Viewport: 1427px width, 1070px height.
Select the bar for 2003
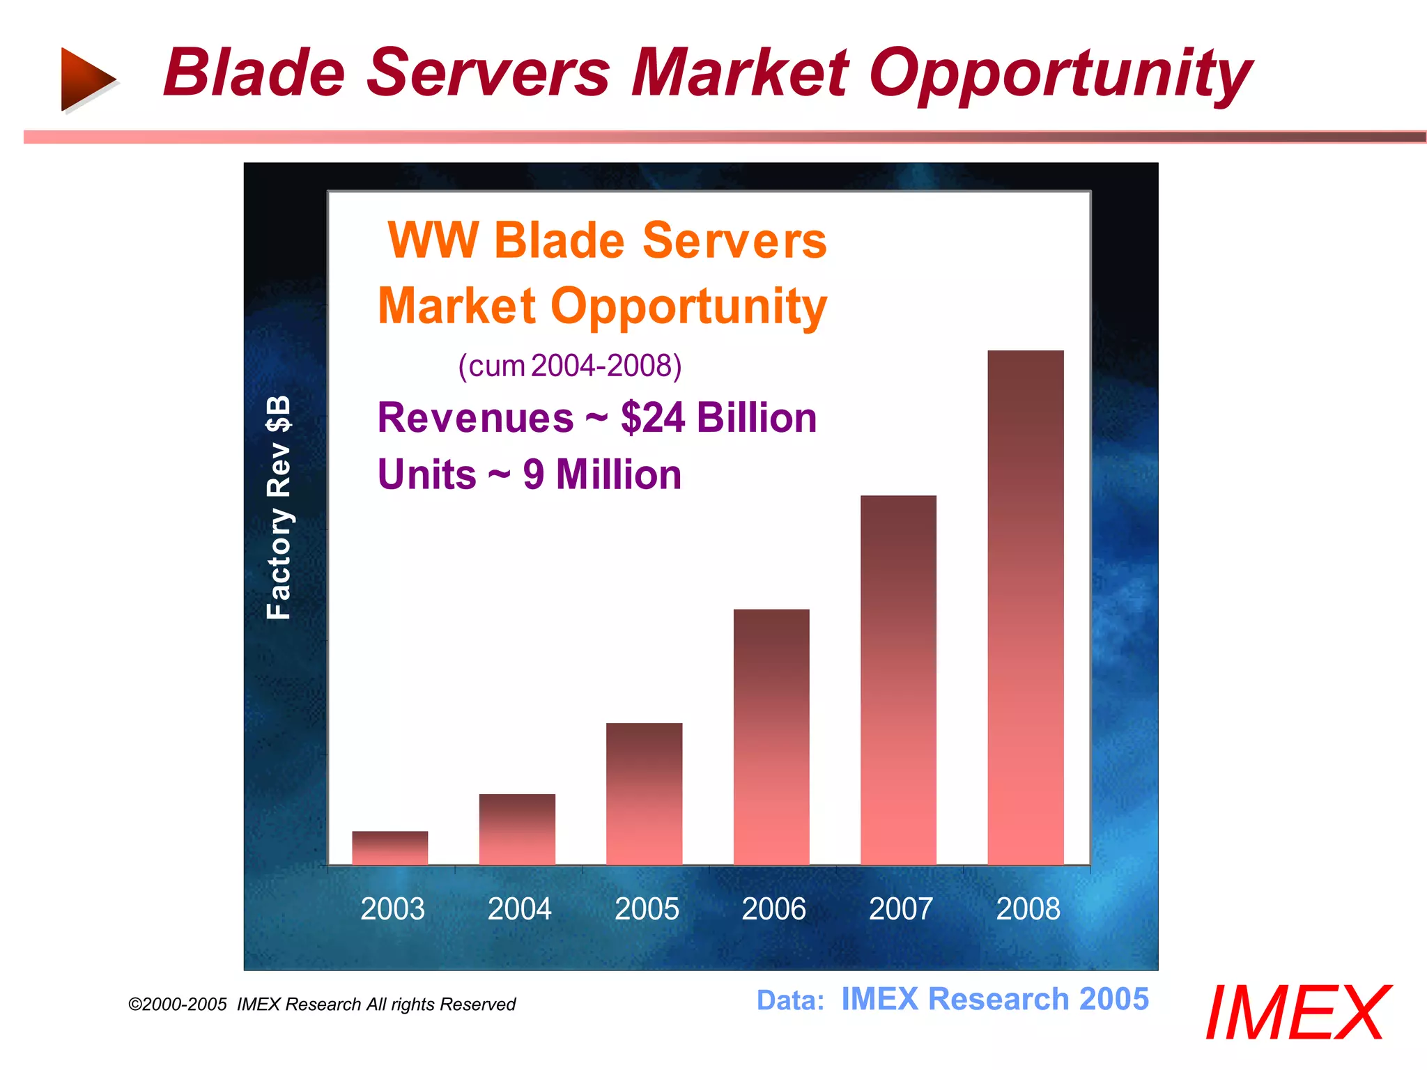click(x=389, y=848)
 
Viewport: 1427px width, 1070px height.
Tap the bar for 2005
click(x=644, y=794)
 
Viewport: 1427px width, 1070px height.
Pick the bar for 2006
click(x=771, y=737)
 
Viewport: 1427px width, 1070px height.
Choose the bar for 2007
click(x=898, y=680)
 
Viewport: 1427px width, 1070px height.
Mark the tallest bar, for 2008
click(x=1026, y=607)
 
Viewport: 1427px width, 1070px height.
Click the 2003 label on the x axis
click(x=392, y=909)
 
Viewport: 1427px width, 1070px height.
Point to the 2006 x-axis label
click(x=773, y=909)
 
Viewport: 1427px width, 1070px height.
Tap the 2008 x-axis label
click(x=1028, y=909)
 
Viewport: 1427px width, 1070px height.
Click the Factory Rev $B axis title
click(x=279, y=507)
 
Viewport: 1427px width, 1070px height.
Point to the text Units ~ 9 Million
click(x=530, y=475)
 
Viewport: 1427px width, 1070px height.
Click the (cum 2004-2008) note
click(x=569, y=366)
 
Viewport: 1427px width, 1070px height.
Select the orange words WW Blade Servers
click(x=606, y=241)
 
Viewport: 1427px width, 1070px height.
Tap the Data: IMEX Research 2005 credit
click(x=952, y=1000)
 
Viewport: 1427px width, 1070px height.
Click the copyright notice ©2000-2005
click(x=178, y=1005)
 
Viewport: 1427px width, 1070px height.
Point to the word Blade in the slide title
click(x=254, y=73)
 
